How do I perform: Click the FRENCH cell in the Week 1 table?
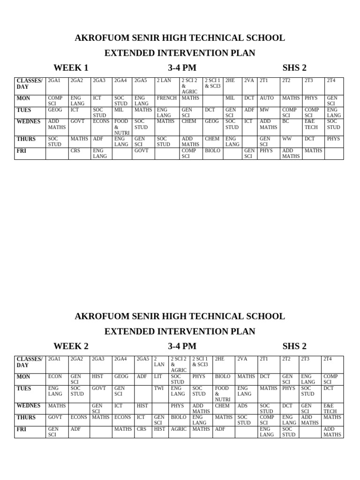(x=166, y=98)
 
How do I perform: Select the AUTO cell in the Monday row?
(x=266, y=98)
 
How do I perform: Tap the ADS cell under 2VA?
(x=242, y=405)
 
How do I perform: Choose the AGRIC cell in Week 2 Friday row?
(x=179, y=429)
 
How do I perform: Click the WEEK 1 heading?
(x=71, y=67)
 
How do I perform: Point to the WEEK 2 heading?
(x=71, y=346)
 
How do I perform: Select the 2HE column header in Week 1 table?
(x=230, y=81)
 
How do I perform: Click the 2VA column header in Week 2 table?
(x=242, y=359)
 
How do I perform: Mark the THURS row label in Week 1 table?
(x=26, y=139)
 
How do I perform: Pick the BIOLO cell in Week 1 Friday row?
(x=212, y=151)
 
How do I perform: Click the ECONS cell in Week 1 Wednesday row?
(x=101, y=121)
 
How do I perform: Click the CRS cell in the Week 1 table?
(x=75, y=151)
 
